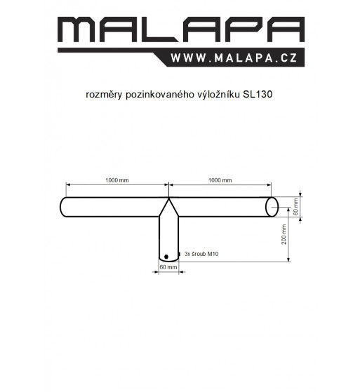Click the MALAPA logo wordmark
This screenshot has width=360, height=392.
tap(181, 29)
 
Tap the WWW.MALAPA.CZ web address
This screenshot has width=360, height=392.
tap(234, 58)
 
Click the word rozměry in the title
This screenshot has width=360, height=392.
tap(104, 95)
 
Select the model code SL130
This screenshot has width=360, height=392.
tap(258, 95)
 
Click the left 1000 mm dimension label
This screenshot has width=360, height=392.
tap(117, 180)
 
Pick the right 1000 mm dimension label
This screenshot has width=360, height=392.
tap(220, 180)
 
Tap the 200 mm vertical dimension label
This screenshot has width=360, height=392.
tap(284, 234)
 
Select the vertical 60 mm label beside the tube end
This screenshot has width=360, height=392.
tap(295, 207)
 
